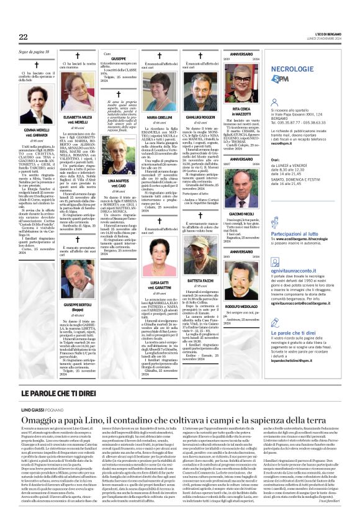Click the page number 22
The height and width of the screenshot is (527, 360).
click(24, 37)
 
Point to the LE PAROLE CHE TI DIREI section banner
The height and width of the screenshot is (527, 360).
click(69, 394)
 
